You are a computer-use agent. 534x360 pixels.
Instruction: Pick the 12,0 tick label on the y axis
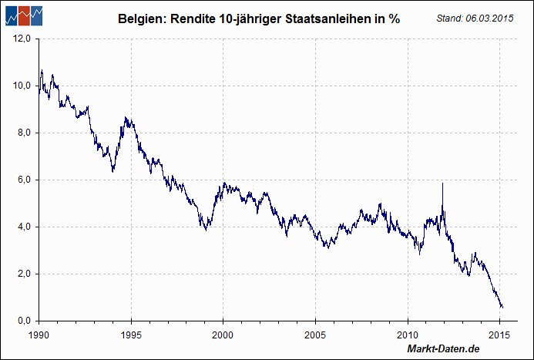[21, 39]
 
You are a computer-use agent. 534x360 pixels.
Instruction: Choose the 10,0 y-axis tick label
[21, 86]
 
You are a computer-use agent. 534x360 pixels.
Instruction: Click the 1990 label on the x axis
[39, 335]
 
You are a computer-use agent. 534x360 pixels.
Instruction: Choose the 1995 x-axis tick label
[131, 335]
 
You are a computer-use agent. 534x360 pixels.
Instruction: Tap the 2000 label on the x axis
[223, 335]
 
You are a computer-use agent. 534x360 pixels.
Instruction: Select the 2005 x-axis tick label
[315, 335]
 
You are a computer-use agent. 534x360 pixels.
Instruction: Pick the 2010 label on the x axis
[408, 335]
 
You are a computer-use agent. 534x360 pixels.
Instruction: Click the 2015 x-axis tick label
[500, 335]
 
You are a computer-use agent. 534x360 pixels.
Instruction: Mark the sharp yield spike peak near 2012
[442, 183]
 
